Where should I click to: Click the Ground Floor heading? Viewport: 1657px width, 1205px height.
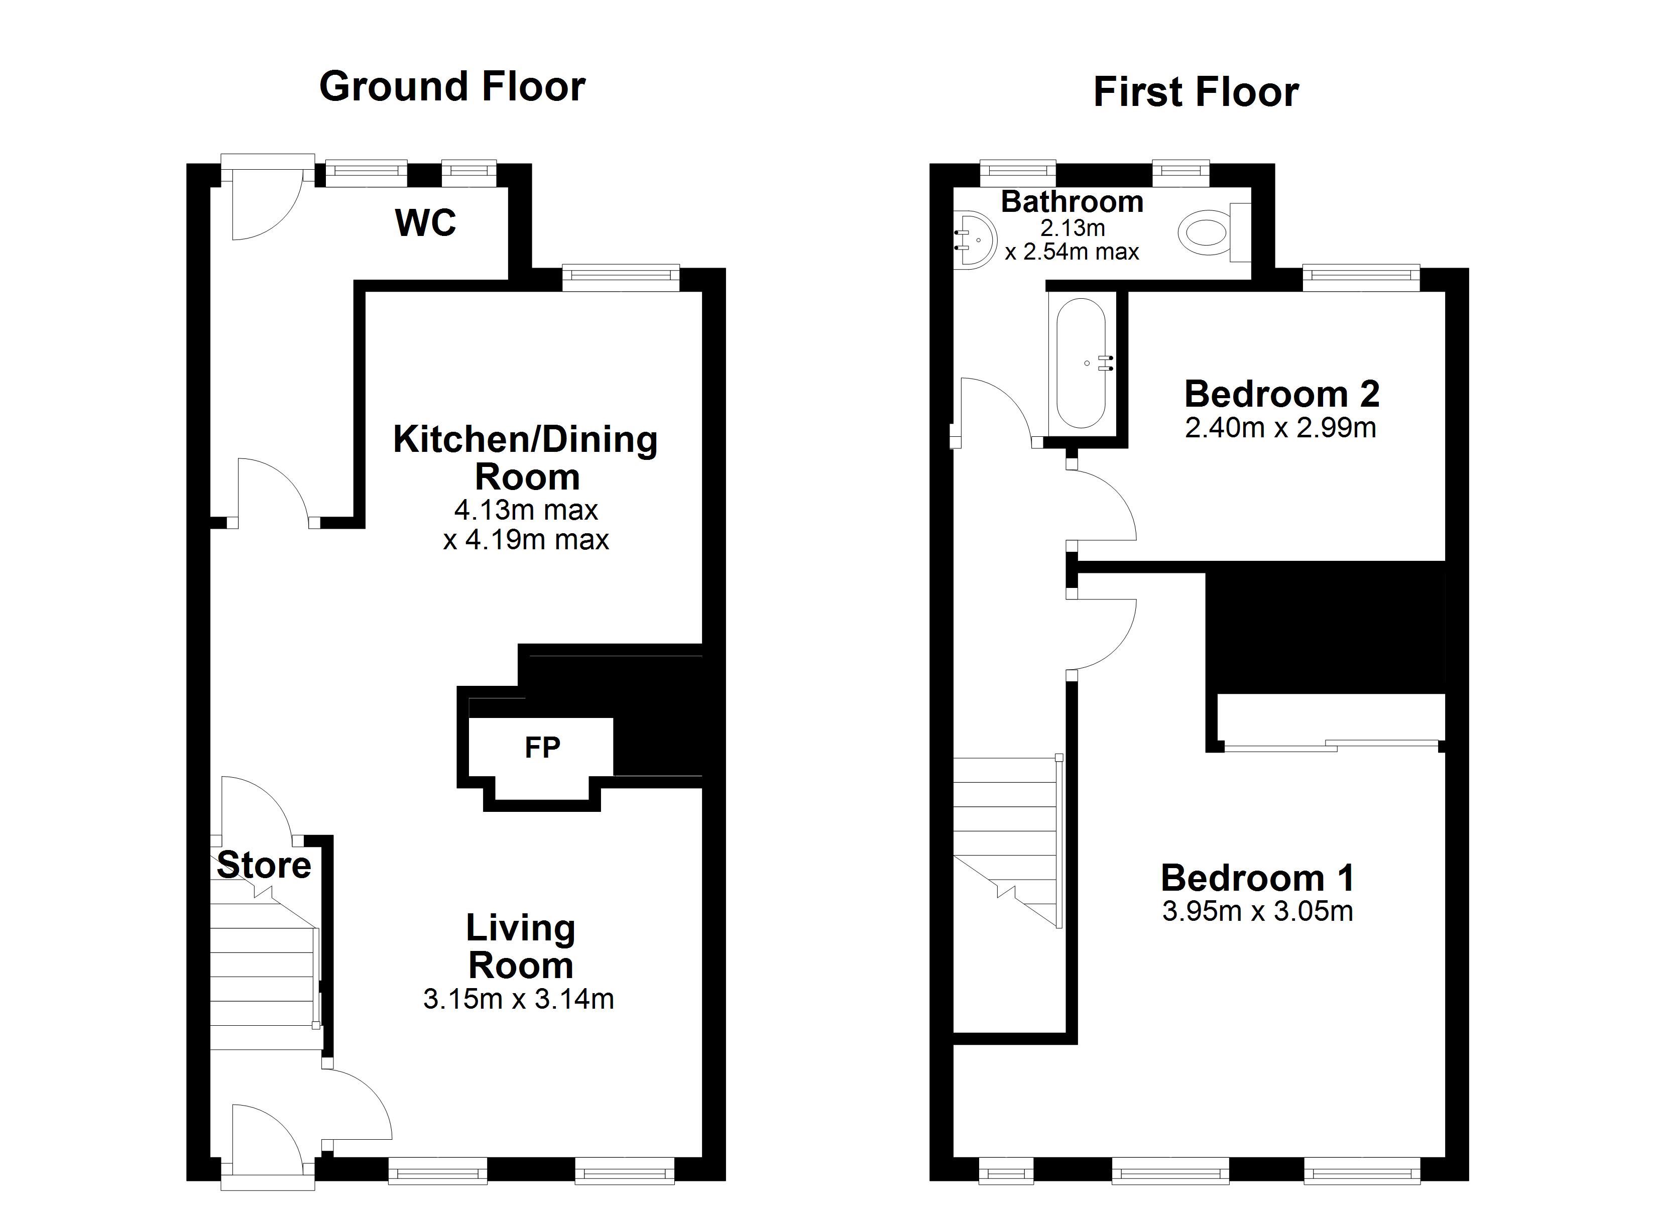(452, 87)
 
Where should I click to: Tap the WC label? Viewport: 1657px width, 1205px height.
(425, 223)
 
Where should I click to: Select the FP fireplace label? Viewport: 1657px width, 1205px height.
(542, 747)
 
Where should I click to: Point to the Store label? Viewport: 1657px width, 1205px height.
(264, 865)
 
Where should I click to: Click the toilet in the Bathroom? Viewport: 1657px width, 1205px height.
(1214, 233)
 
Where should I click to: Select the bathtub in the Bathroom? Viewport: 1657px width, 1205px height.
(1082, 363)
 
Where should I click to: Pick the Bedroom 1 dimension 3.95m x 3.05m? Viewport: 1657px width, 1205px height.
(1257, 912)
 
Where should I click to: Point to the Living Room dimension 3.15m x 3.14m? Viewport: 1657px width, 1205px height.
(519, 999)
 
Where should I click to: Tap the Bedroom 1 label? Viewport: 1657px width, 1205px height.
(1257, 878)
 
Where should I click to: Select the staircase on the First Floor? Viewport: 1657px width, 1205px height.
(1007, 842)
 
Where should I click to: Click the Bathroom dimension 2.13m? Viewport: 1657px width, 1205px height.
(1073, 228)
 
